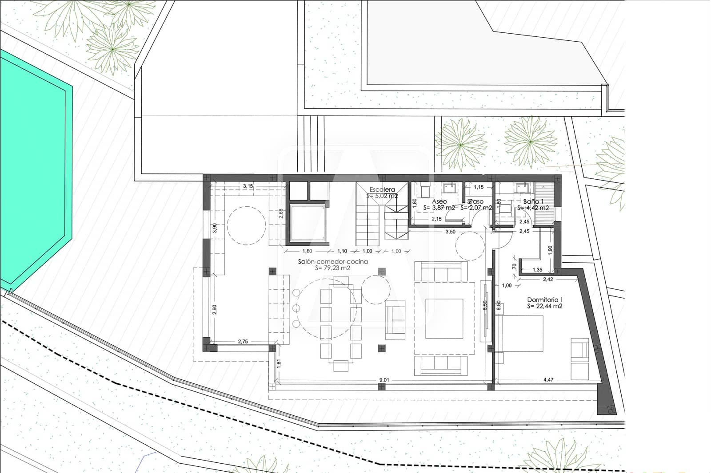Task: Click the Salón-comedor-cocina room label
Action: tap(332, 261)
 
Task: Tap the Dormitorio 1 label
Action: tap(544, 300)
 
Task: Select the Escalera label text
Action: tap(382, 189)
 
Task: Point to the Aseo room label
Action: tap(439, 201)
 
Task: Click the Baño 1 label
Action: tap(533, 201)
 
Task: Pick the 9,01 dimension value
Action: tap(383, 380)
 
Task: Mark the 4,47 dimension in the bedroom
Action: tap(548, 380)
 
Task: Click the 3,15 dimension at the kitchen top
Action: tap(248, 186)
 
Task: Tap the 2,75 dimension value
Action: tap(243, 341)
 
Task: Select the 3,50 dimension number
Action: tap(450, 232)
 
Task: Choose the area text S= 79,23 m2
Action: tap(332, 268)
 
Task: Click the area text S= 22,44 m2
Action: tap(544, 306)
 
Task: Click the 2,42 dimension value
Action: tap(547, 280)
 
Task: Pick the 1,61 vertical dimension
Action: tap(279, 363)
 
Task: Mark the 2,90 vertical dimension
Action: tap(215, 309)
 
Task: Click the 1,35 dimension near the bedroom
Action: tap(537, 269)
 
